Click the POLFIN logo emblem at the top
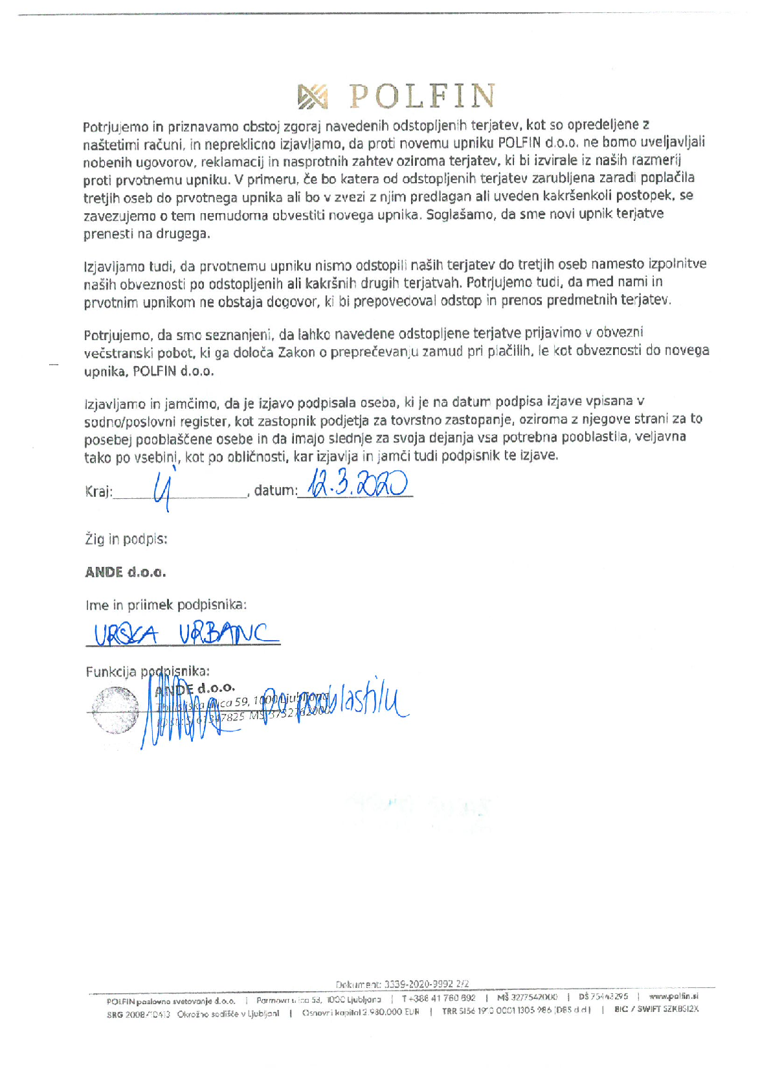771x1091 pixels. click(x=312, y=97)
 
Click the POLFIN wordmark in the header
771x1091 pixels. click(x=423, y=97)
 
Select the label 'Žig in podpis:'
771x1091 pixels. click(x=126, y=538)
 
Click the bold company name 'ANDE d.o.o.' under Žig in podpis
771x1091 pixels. click(x=126, y=572)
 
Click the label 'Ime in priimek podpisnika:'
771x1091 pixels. click(x=166, y=605)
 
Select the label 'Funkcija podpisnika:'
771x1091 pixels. click(x=148, y=672)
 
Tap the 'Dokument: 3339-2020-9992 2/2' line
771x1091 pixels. click(x=402, y=983)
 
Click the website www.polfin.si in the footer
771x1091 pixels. click(x=673, y=996)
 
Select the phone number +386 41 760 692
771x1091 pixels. click(x=438, y=998)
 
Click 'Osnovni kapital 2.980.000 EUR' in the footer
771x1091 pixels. click(x=361, y=1012)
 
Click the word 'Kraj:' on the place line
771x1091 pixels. click(x=99, y=492)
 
